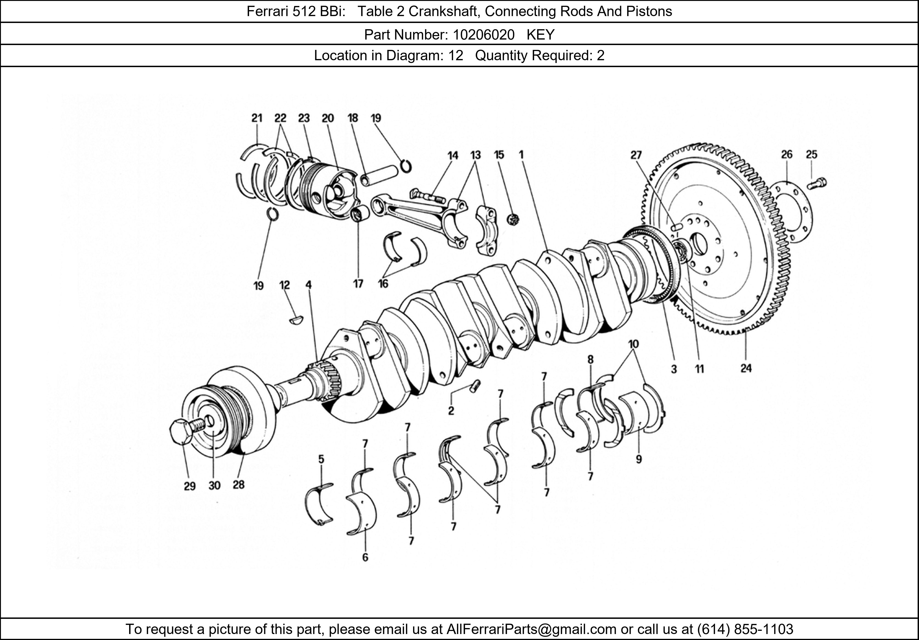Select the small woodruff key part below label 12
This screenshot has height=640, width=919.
tap(296, 320)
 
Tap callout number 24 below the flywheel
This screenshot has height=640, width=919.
tap(746, 368)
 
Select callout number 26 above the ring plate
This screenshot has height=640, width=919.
tap(786, 154)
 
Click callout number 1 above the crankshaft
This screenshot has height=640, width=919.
tap(521, 154)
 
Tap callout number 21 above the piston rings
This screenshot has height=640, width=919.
tap(257, 118)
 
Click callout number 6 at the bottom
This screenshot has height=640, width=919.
tap(365, 557)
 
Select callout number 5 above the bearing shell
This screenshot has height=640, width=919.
tap(321, 459)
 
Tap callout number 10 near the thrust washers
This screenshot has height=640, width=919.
tap(633, 344)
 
